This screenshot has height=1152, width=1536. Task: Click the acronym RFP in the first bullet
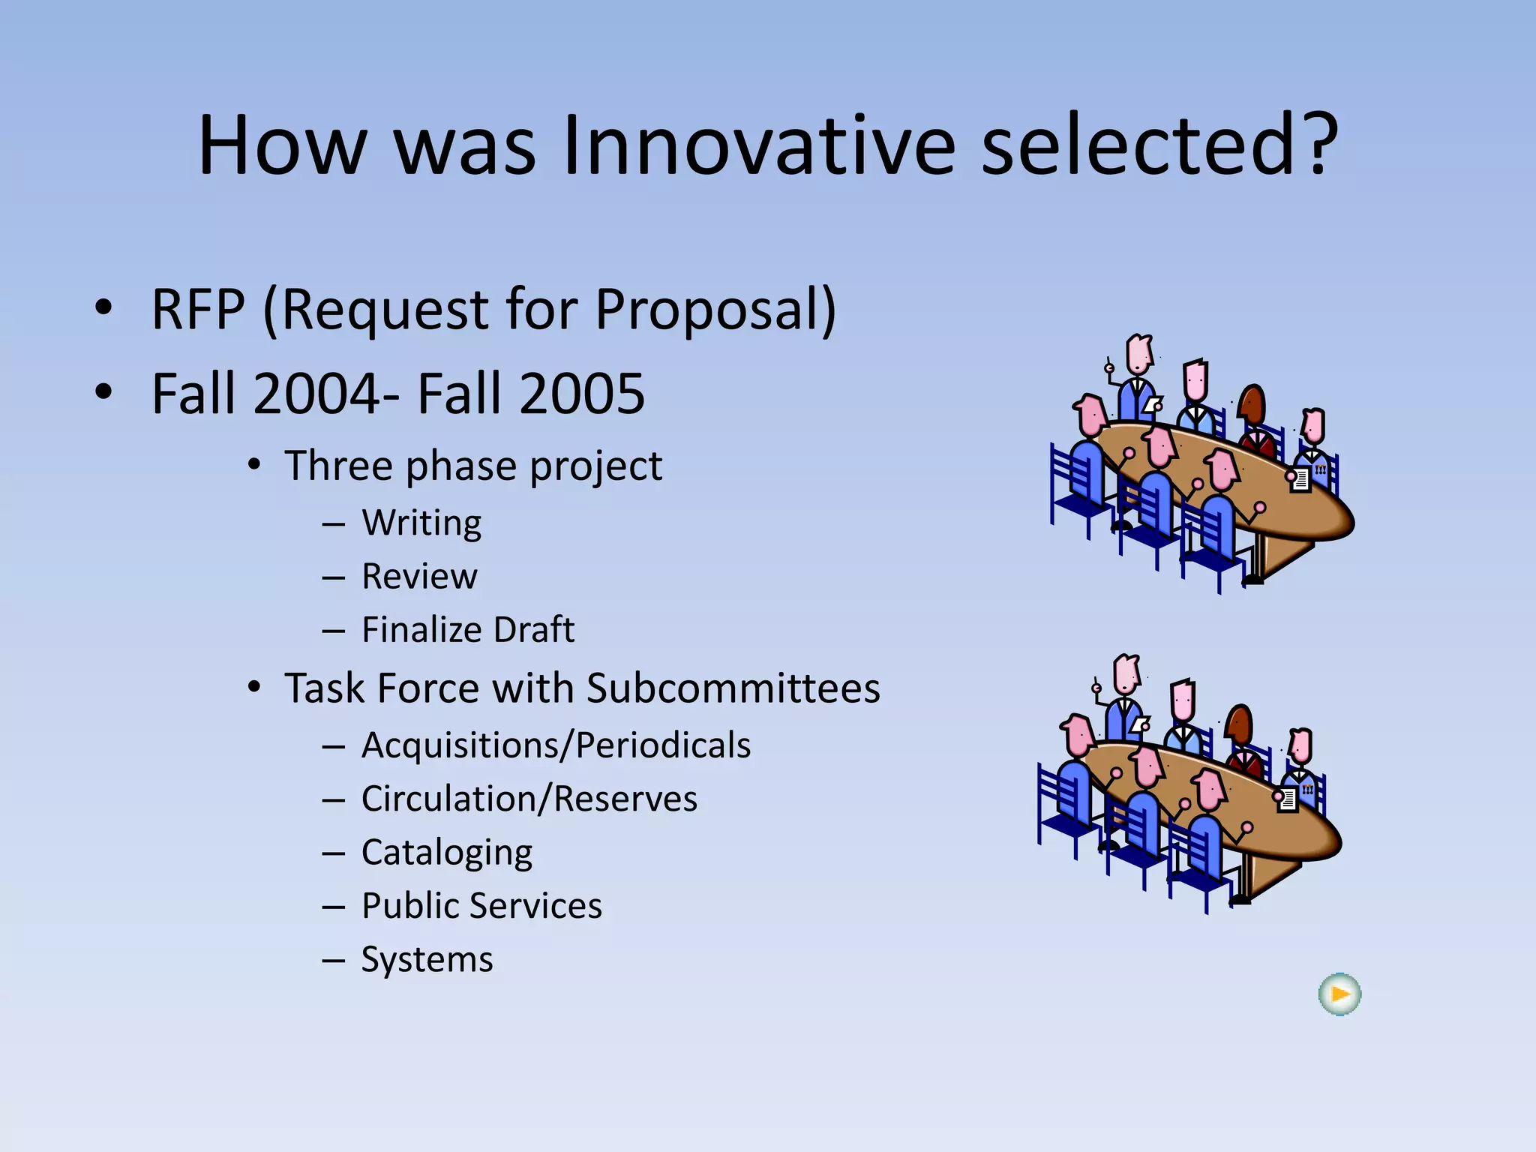[198, 309]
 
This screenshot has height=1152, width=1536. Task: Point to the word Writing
[421, 523]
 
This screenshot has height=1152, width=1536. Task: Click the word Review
[419, 576]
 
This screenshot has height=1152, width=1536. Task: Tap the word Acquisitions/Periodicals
[556, 745]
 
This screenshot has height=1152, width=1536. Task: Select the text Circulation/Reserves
[529, 798]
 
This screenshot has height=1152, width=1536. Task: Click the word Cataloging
[447, 853]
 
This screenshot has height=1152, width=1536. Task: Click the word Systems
[427, 959]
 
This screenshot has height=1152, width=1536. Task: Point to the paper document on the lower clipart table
[1287, 799]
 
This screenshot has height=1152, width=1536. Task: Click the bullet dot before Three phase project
[255, 465]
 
